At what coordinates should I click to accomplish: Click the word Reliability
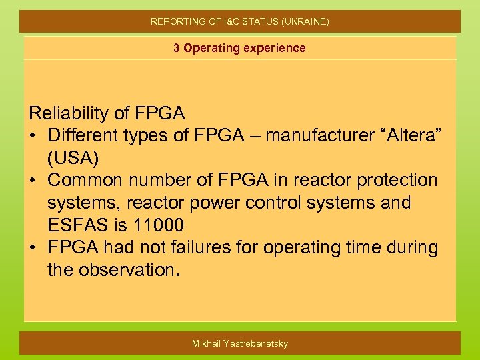point(73,113)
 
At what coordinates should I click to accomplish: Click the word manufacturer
point(311,135)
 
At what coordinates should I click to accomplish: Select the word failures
point(221,248)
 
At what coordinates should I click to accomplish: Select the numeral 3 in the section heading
point(177,48)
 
